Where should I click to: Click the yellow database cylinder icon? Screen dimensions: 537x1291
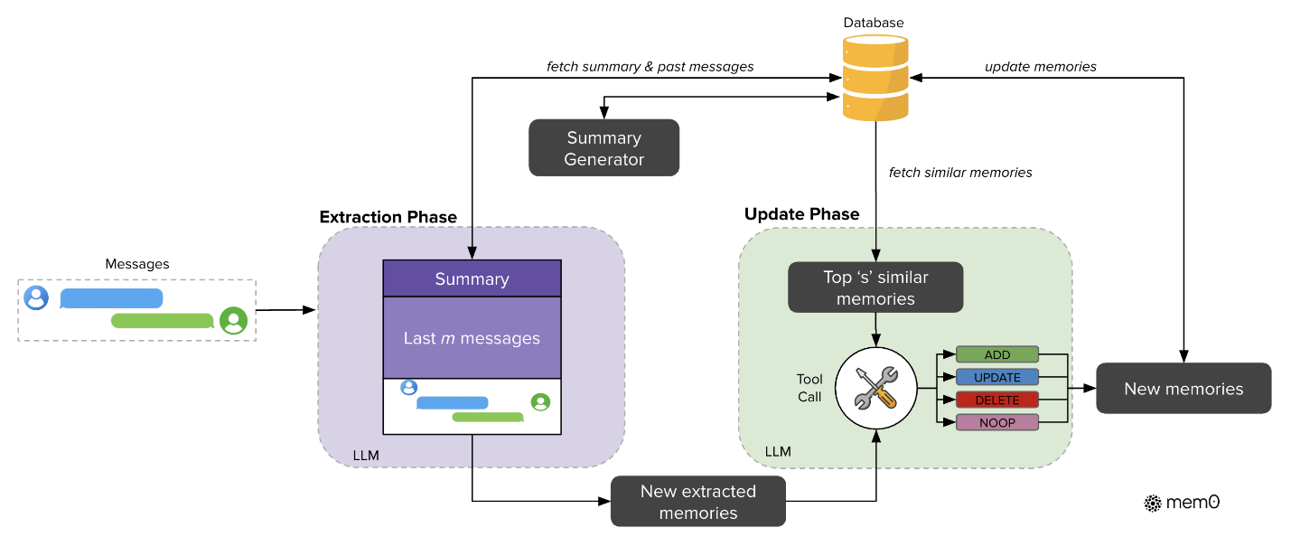pyautogui.click(x=875, y=78)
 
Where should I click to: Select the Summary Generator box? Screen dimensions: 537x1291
pyautogui.click(x=603, y=148)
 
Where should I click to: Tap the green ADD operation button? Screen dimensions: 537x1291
pyautogui.click(x=997, y=354)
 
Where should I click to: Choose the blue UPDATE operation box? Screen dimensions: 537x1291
pyautogui.click(x=997, y=377)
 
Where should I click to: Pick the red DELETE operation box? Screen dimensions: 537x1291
pyautogui.click(x=997, y=400)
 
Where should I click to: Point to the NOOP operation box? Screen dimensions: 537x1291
pyautogui.click(x=997, y=422)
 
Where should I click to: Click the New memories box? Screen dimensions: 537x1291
pyautogui.click(x=1183, y=389)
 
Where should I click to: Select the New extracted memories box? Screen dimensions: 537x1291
pyautogui.click(x=698, y=502)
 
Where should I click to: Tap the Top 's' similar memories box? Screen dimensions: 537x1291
pyautogui.click(x=875, y=287)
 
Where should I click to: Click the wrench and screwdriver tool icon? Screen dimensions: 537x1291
pyautogui.click(x=875, y=390)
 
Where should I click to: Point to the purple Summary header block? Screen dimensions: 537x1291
pyautogui.click(x=472, y=279)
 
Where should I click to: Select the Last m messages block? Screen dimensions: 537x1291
pyautogui.click(x=472, y=338)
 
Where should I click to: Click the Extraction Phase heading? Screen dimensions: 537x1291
pyautogui.click(x=388, y=217)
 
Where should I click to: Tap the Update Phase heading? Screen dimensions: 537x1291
pyautogui.click(x=801, y=214)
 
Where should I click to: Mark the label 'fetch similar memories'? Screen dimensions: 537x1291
pyautogui.click(x=960, y=172)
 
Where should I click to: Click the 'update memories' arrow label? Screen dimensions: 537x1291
pyautogui.click(x=1040, y=66)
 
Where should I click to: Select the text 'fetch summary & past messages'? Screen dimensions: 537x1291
pyautogui.click(x=650, y=66)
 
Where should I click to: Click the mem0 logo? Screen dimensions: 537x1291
pyautogui.click(x=1182, y=503)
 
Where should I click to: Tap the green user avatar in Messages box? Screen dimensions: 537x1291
pyautogui.click(x=234, y=320)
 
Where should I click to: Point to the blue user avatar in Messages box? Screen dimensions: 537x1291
pyautogui.click(x=36, y=297)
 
